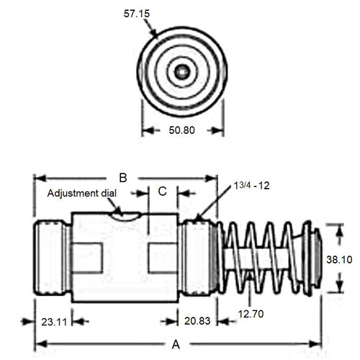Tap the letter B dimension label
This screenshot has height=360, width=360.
click(122, 177)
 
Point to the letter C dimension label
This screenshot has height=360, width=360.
click(162, 192)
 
